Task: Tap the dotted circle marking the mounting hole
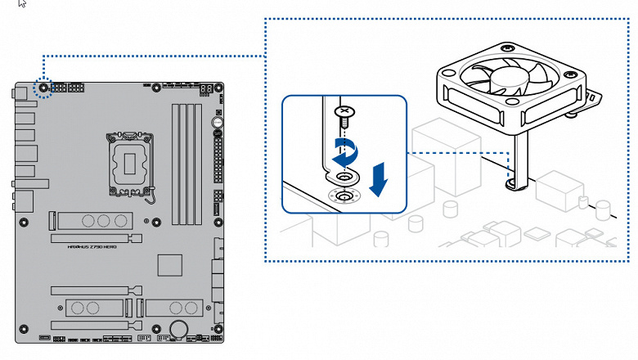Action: click(x=44, y=88)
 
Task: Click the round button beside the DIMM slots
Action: click(x=218, y=124)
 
